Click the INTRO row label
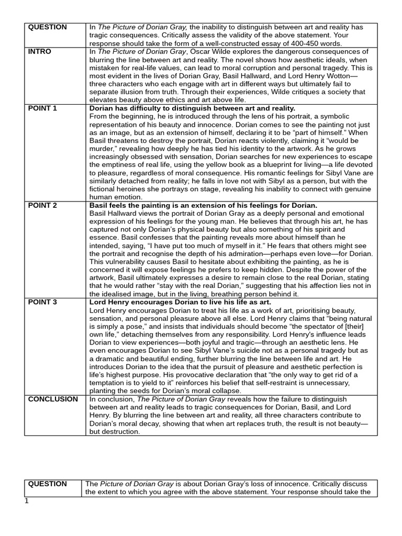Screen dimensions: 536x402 click(39, 52)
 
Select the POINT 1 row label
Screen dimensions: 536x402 click(42, 108)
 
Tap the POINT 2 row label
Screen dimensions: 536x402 click(42, 205)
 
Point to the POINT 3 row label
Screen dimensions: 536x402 click(42, 302)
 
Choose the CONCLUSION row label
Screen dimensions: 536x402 click(53, 399)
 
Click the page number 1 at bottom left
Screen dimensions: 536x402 click(27, 501)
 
